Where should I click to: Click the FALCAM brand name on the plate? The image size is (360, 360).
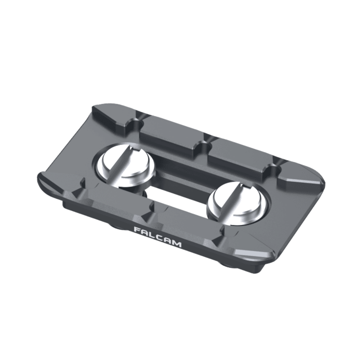[157, 236]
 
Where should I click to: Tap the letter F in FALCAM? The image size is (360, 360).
[137, 230]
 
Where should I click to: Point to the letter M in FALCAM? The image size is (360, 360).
[176, 243]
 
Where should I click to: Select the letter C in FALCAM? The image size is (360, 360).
[160, 237]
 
